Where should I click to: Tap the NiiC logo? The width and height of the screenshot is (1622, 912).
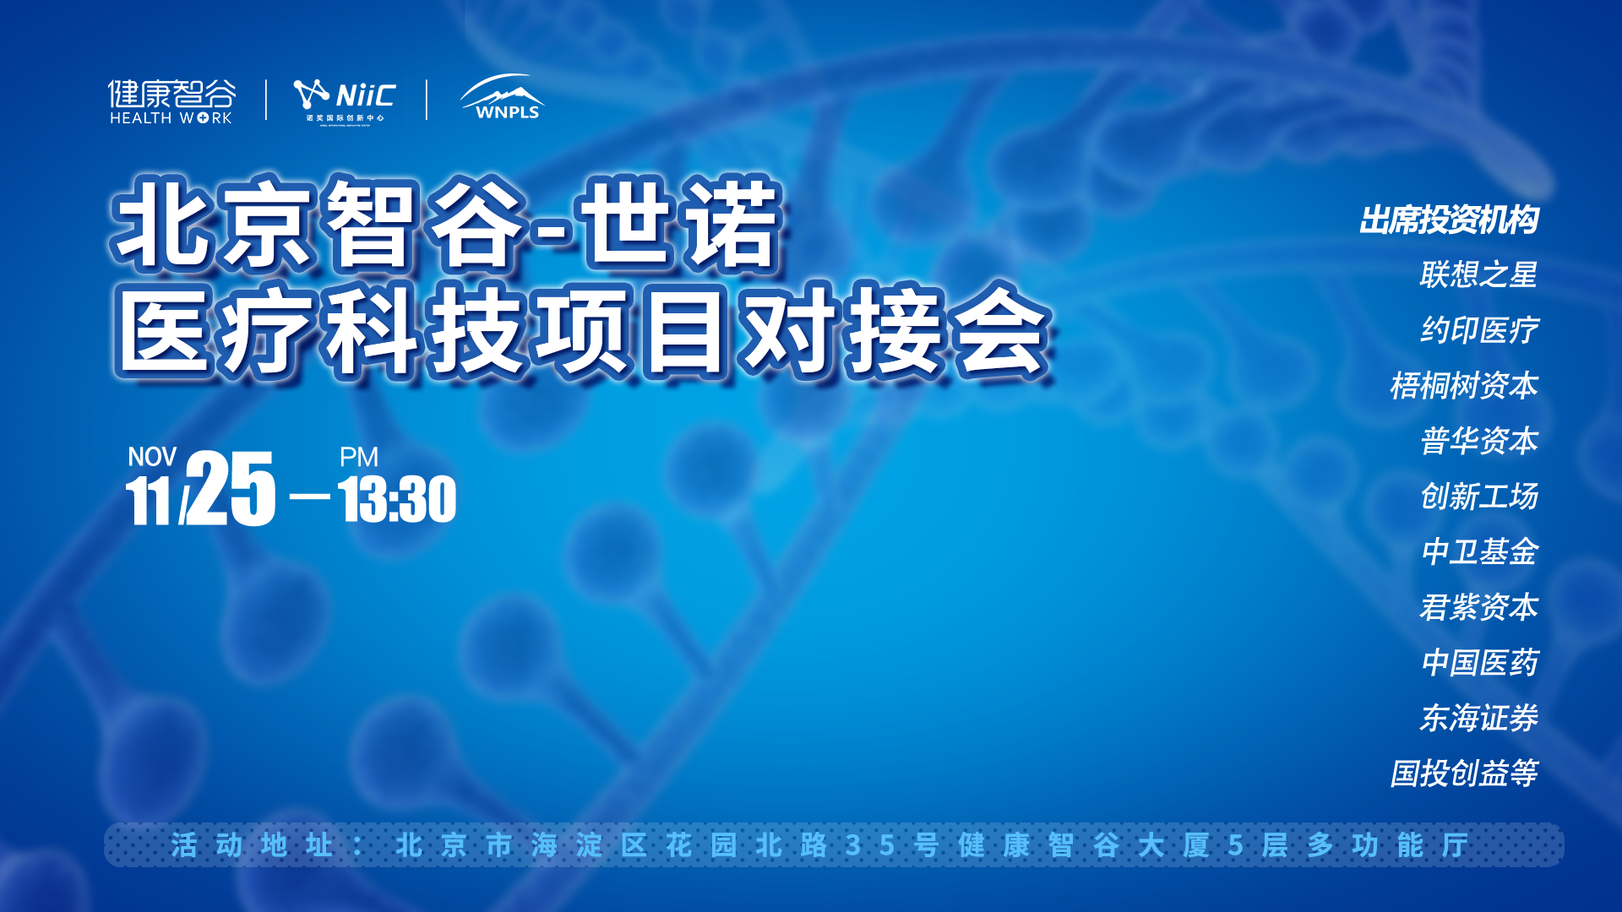click(345, 100)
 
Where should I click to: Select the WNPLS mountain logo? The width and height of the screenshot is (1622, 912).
click(503, 97)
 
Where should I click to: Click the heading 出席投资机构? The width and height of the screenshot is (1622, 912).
click(1449, 220)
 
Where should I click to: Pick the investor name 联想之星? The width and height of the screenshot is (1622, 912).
click(1478, 274)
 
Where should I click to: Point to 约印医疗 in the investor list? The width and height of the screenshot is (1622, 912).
click(1478, 330)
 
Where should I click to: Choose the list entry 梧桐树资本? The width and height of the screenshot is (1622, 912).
click(1464, 385)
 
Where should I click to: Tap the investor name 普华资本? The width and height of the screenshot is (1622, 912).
click(1478, 441)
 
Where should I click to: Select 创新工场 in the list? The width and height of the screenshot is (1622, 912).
click(1478, 496)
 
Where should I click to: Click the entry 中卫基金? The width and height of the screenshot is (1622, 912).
click(1478, 551)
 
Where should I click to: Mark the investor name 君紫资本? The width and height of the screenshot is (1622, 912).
click(1478, 606)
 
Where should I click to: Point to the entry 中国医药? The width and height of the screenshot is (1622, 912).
click(1478, 662)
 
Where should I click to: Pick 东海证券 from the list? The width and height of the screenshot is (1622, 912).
click(1478, 718)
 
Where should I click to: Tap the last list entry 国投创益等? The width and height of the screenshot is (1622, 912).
click(1464, 773)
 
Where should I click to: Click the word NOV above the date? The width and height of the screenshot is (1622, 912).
click(152, 457)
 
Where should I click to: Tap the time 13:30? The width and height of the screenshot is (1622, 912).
click(398, 500)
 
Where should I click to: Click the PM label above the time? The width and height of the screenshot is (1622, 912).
click(359, 457)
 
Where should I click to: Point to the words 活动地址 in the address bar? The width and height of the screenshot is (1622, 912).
click(252, 844)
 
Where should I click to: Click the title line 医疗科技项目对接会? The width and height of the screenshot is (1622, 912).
click(583, 331)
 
